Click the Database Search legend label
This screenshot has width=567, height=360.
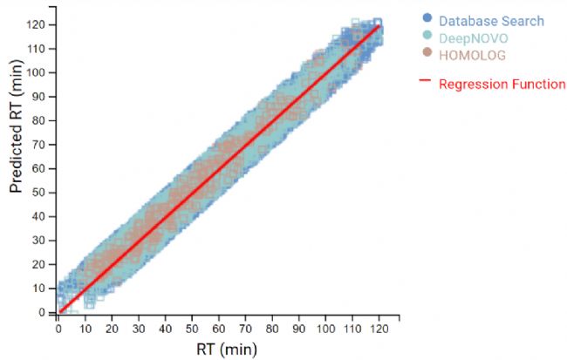pos(492,21)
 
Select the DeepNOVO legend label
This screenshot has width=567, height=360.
pos(474,37)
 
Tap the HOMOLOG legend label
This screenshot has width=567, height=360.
pos(472,55)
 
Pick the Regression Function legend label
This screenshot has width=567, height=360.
pos(502,85)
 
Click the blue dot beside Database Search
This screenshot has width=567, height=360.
pos(426,21)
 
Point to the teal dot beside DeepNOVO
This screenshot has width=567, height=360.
pos(426,37)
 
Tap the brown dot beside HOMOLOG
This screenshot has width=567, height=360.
pos(426,55)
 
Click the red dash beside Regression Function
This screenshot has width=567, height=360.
pos(426,84)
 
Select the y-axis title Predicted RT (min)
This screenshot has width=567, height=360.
pos(17,139)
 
